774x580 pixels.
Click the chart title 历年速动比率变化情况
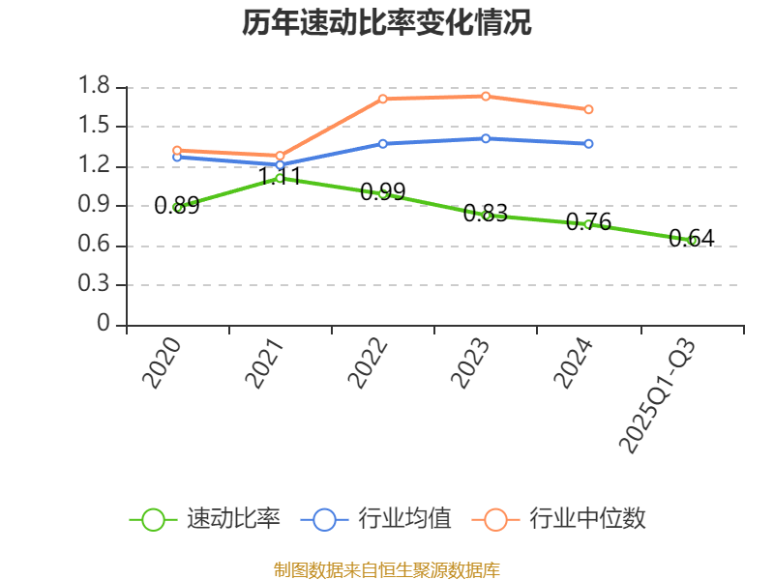click(387, 23)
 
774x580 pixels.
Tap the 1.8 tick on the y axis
click(98, 87)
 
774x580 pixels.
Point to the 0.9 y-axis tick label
click(98, 206)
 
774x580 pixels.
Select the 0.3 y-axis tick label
click(98, 285)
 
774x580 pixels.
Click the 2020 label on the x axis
click(162, 363)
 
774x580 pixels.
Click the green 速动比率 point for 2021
click(280, 178)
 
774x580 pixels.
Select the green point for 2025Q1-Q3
click(692, 241)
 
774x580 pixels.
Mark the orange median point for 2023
click(486, 96)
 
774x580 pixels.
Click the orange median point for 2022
click(383, 99)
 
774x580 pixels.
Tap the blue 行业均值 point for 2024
click(588, 144)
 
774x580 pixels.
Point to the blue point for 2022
click(383, 143)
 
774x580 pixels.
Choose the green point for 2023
click(486, 216)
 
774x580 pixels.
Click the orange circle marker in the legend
click(496, 519)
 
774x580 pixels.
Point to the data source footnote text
click(387, 569)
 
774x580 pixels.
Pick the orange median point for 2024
click(588, 109)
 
